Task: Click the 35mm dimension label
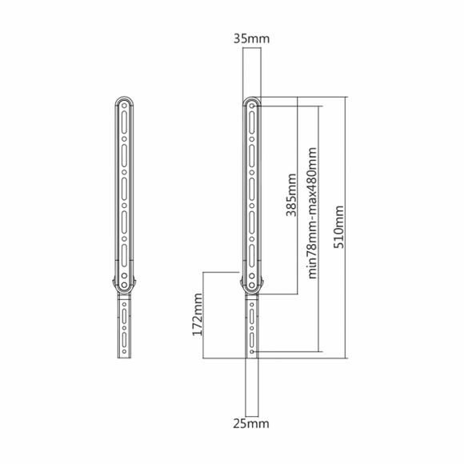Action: coord(251,37)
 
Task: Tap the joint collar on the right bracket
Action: coord(251,284)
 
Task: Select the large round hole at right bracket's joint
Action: coord(251,285)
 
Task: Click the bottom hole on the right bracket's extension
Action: coord(252,350)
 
